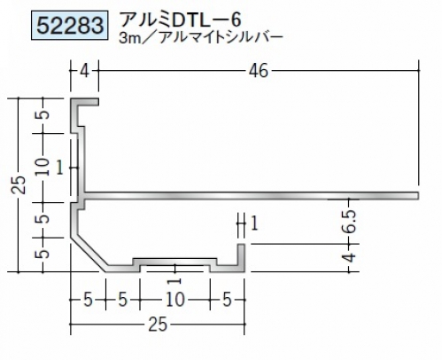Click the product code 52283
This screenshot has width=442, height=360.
[70, 25]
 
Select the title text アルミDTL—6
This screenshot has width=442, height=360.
[182, 20]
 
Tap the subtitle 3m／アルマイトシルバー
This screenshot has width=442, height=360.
[201, 38]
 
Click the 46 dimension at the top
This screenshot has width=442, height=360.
[259, 71]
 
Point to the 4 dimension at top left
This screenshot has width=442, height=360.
[84, 71]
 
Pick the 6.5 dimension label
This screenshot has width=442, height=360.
[350, 221]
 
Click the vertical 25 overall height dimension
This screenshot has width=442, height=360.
[19, 185]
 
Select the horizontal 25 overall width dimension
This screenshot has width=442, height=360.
[158, 325]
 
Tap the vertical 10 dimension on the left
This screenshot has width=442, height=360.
[43, 167]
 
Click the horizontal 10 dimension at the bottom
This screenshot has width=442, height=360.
[175, 300]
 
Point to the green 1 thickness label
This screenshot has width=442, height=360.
[60, 168]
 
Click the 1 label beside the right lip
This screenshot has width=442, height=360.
[254, 223]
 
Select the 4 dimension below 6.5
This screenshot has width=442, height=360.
[350, 257]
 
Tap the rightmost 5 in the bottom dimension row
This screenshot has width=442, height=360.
[227, 300]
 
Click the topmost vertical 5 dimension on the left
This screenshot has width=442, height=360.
[43, 114]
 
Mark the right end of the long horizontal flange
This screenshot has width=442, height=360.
[418, 196]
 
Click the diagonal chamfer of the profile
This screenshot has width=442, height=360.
[89, 254]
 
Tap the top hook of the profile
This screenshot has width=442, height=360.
[84, 102]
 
